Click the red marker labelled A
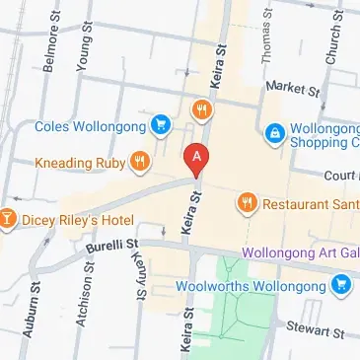(x=197, y=159)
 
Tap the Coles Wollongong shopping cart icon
(x=160, y=125)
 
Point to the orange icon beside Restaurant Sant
(x=246, y=203)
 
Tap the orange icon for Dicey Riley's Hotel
(x=7, y=216)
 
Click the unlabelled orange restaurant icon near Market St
(x=201, y=110)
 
